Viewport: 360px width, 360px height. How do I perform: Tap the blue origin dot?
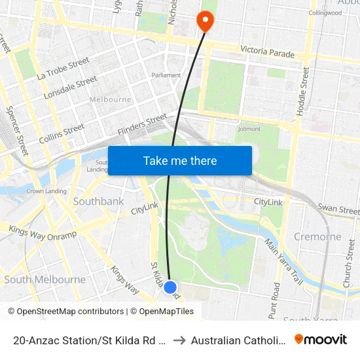point(170,287)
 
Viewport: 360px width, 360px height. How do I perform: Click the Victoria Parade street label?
point(267,50)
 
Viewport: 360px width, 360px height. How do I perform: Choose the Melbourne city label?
point(111,99)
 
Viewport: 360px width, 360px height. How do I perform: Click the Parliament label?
point(166,75)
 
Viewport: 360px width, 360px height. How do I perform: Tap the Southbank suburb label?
point(98,202)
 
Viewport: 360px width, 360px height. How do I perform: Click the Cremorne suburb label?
point(317,236)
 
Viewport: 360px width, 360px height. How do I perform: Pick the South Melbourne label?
point(45,279)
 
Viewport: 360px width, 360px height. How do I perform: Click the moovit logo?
point(321,339)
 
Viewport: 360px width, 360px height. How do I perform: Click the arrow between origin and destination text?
point(179,340)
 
